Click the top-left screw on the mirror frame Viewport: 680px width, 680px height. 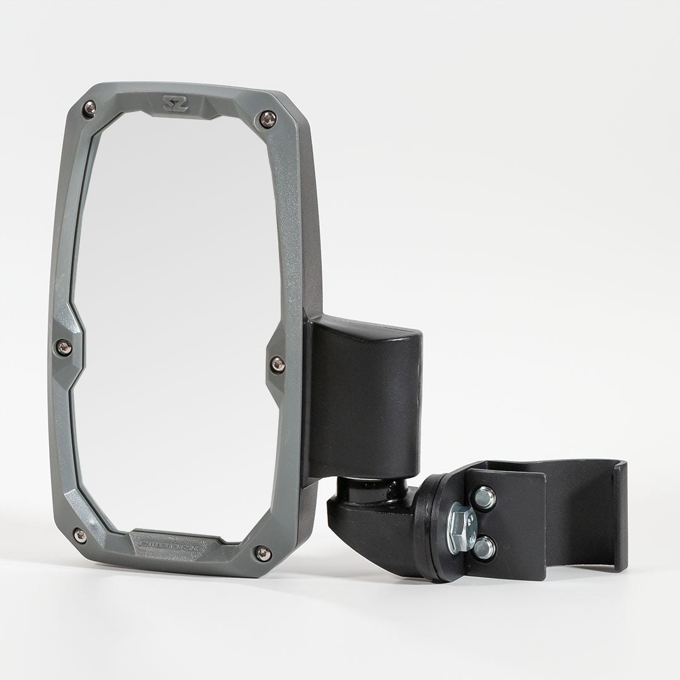[x=89, y=108]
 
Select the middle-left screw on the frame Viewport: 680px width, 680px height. [x=64, y=346]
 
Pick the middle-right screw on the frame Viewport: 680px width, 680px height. [x=277, y=364]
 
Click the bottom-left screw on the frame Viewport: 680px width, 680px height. [x=80, y=536]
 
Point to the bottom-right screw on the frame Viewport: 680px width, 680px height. [x=263, y=553]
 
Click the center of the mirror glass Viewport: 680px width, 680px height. [x=176, y=327]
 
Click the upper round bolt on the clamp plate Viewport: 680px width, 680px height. [x=485, y=497]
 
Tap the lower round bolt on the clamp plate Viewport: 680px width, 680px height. [x=485, y=548]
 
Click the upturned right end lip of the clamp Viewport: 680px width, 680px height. [x=620, y=516]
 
